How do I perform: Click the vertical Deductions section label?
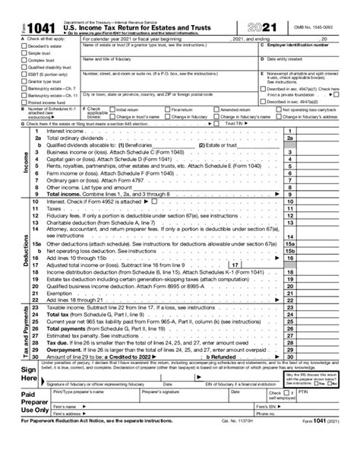[26, 250]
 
